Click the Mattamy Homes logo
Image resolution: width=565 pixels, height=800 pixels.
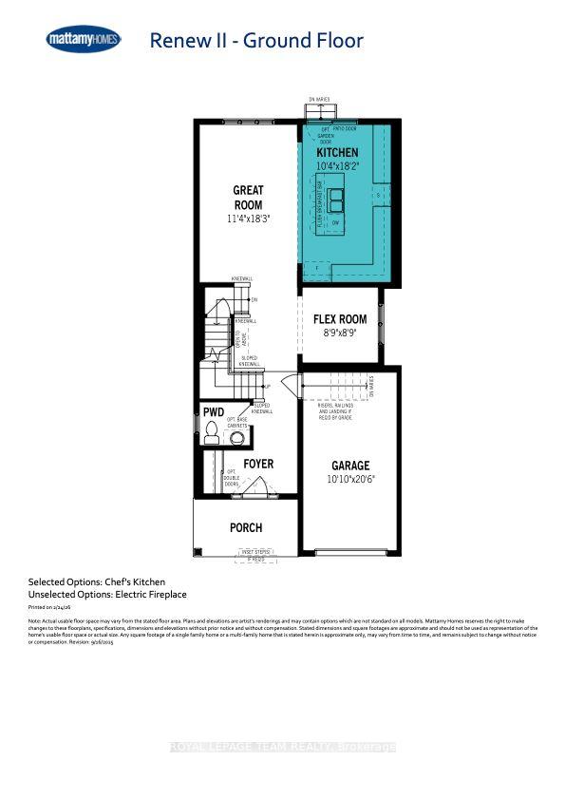pos(84,39)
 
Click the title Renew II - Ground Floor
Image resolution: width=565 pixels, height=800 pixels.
pos(256,40)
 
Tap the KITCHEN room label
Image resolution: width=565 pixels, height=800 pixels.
pos(337,152)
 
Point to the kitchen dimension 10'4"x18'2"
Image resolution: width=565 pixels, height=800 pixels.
pos(337,166)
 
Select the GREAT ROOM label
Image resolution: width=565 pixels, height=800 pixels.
pos(248,198)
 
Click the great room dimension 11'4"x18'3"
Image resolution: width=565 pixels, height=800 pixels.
pos(248,219)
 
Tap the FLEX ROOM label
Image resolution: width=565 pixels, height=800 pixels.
pos(340,319)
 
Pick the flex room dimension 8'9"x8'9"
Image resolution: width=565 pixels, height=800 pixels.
pos(340,334)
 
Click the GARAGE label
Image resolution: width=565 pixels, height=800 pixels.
pos(350,466)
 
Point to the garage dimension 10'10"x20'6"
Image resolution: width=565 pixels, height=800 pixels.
pos(350,481)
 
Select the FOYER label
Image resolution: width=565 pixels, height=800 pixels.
pos(258,464)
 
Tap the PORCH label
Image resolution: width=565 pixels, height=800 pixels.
pos(246,527)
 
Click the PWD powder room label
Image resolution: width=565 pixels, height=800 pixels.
pos(214,411)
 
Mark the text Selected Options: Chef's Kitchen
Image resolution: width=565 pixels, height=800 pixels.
pos(97,581)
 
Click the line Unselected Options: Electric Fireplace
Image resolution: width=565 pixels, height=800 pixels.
pos(107,594)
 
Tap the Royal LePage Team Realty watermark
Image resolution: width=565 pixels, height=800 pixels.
pos(282,748)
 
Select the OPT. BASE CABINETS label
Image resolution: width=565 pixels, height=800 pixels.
pos(236,424)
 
